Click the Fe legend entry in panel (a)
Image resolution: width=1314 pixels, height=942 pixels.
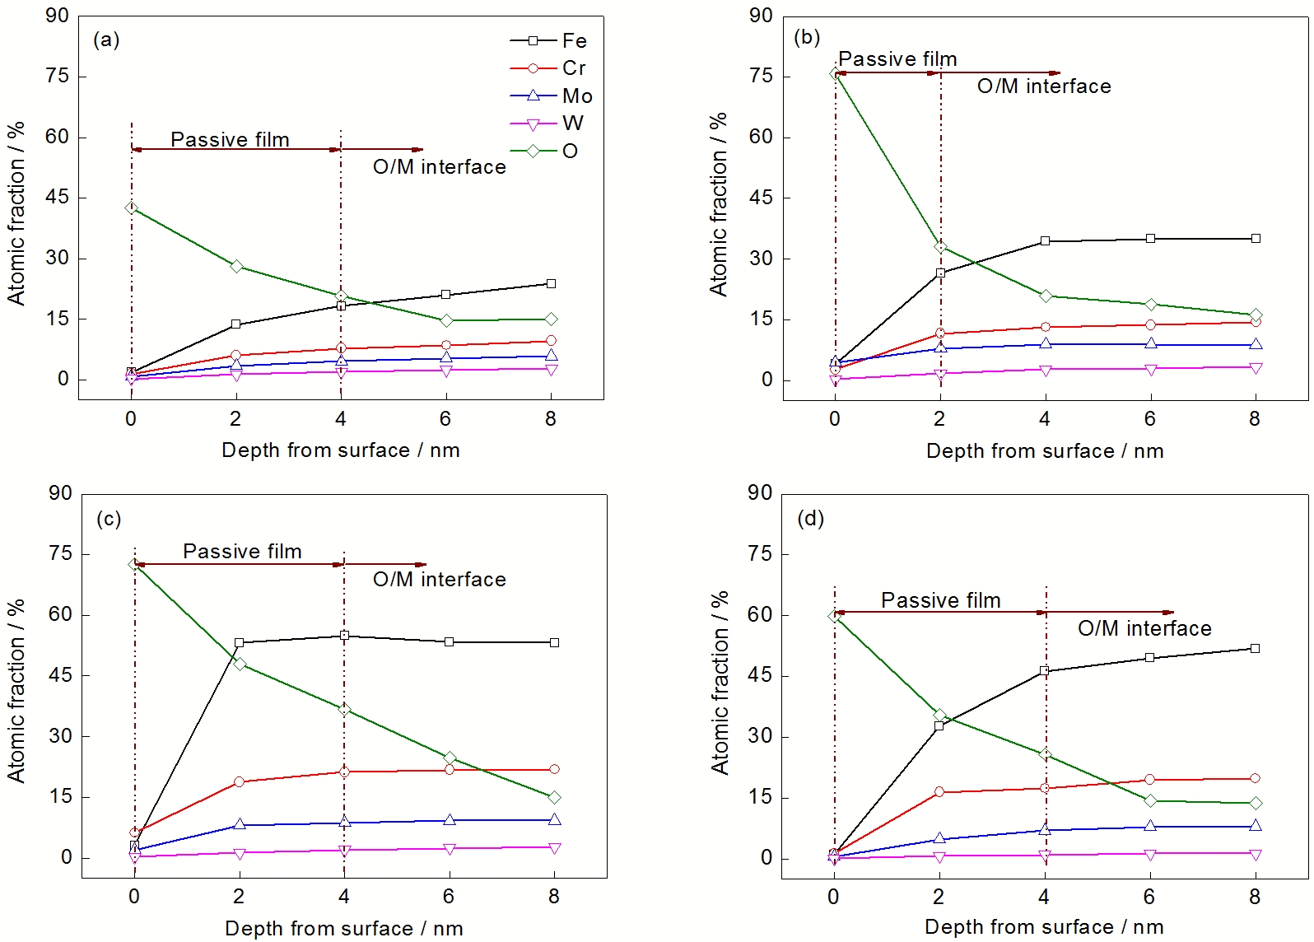pyautogui.click(x=548, y=40)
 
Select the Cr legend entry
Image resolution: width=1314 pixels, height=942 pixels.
pyautogui.click(x=547, y=68)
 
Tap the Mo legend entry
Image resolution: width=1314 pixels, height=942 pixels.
pyautogui.click(x=552, y=96)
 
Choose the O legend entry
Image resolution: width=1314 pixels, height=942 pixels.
pyautogui.click(x=543, y=151)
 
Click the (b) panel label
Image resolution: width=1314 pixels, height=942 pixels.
pyautogui.click(x=807, y=38)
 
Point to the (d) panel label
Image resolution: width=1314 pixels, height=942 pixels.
pyautogui.click(x=811, y=519)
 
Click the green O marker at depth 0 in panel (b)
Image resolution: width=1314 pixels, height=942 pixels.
pyautogui.click(x=835, y=73)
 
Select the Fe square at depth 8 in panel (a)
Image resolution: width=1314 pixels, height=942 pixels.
pyautogui.click(x=551, y=284)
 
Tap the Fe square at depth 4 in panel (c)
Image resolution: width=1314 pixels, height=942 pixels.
pyautogui.click(x=344, y=635)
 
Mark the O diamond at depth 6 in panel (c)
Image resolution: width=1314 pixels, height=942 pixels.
pyautogui.click(x=450, y=758)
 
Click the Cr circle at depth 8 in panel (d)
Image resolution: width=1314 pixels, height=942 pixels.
pyautogui.click(x=1255, y=778)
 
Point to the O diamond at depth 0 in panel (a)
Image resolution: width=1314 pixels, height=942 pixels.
pyautogui.click(x=132, y=208)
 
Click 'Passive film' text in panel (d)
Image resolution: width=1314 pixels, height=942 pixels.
pyautogui.click(x=941, y=600)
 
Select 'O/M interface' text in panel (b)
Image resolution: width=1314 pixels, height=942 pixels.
pyautogui.click(x=1044, y=86)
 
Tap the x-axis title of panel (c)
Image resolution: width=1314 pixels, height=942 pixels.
pyautogui.click(x=344, y=929)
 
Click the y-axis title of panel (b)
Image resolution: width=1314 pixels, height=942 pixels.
pyautogui.click(x=719, y=205)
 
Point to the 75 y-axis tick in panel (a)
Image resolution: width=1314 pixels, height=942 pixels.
pyautogui.click(x=57, y=77)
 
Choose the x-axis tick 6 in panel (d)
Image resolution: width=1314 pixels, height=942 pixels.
pyautogui.click(x=1149, y=897)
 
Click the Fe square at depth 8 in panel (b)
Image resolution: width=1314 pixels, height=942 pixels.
pyautogui.click(x=1256, y=238)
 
